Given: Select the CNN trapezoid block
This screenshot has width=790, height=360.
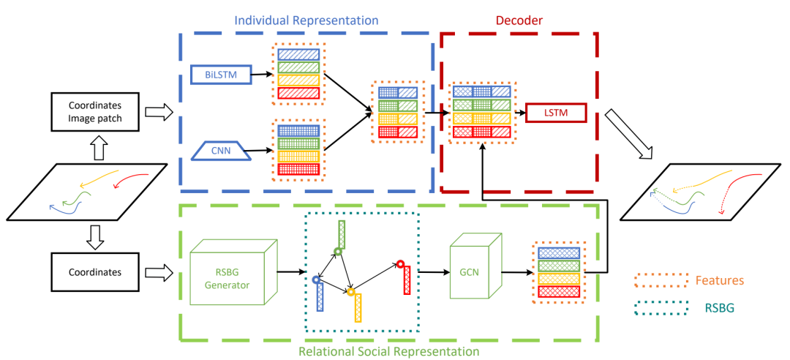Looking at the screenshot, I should pos(217,151).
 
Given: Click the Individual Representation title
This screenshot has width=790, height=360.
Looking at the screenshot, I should pos(306,20).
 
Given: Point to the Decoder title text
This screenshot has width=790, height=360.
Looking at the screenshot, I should pos(519,20).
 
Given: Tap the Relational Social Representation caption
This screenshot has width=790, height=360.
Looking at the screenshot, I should pos(388,351).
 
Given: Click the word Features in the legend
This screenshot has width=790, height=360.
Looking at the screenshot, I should pos(720,280).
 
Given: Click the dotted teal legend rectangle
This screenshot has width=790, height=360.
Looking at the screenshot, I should pos(661,309).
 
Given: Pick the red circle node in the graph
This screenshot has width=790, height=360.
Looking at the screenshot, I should pos(400,263).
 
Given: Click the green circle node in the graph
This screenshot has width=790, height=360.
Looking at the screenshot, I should pos(337,252).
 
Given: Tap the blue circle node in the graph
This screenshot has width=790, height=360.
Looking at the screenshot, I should pos(316,280).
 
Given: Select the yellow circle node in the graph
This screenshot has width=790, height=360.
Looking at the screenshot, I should pos(350,292).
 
